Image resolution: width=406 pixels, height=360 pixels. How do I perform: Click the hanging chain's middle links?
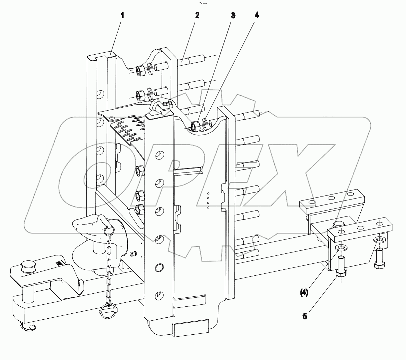click(x=109, y=266)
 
